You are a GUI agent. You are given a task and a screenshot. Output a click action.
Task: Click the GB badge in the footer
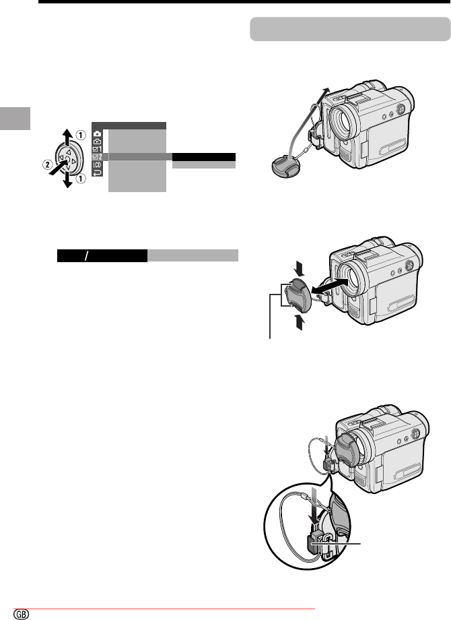(22, 614)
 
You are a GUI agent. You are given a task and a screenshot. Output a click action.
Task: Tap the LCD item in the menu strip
(97, 165)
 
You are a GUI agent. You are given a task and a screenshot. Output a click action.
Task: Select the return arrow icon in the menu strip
(97, 173)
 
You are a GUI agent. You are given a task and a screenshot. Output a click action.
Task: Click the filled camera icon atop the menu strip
(97, 133)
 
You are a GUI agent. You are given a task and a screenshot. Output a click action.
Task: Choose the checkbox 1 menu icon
(97, 149)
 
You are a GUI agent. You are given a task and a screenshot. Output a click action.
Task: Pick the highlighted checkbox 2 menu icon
(97, 157)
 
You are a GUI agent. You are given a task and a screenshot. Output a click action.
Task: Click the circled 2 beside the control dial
(47, 164)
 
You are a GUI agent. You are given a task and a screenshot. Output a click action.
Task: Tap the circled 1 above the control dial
(81, 135)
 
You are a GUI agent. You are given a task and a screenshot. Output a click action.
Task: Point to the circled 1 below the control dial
(81, 179)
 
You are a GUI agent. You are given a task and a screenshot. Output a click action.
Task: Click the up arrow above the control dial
(68, 136)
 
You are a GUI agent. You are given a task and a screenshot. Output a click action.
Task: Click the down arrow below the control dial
(68, 179)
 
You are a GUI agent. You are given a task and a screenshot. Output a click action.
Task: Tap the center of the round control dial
(67, 159)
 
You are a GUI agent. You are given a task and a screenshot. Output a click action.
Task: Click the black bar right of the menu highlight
(204, 157)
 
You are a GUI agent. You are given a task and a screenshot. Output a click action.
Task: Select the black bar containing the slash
(102, 256)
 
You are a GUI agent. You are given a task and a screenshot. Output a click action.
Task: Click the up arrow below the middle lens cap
(300, 322)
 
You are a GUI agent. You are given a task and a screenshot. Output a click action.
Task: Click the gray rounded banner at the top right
(350, 29)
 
